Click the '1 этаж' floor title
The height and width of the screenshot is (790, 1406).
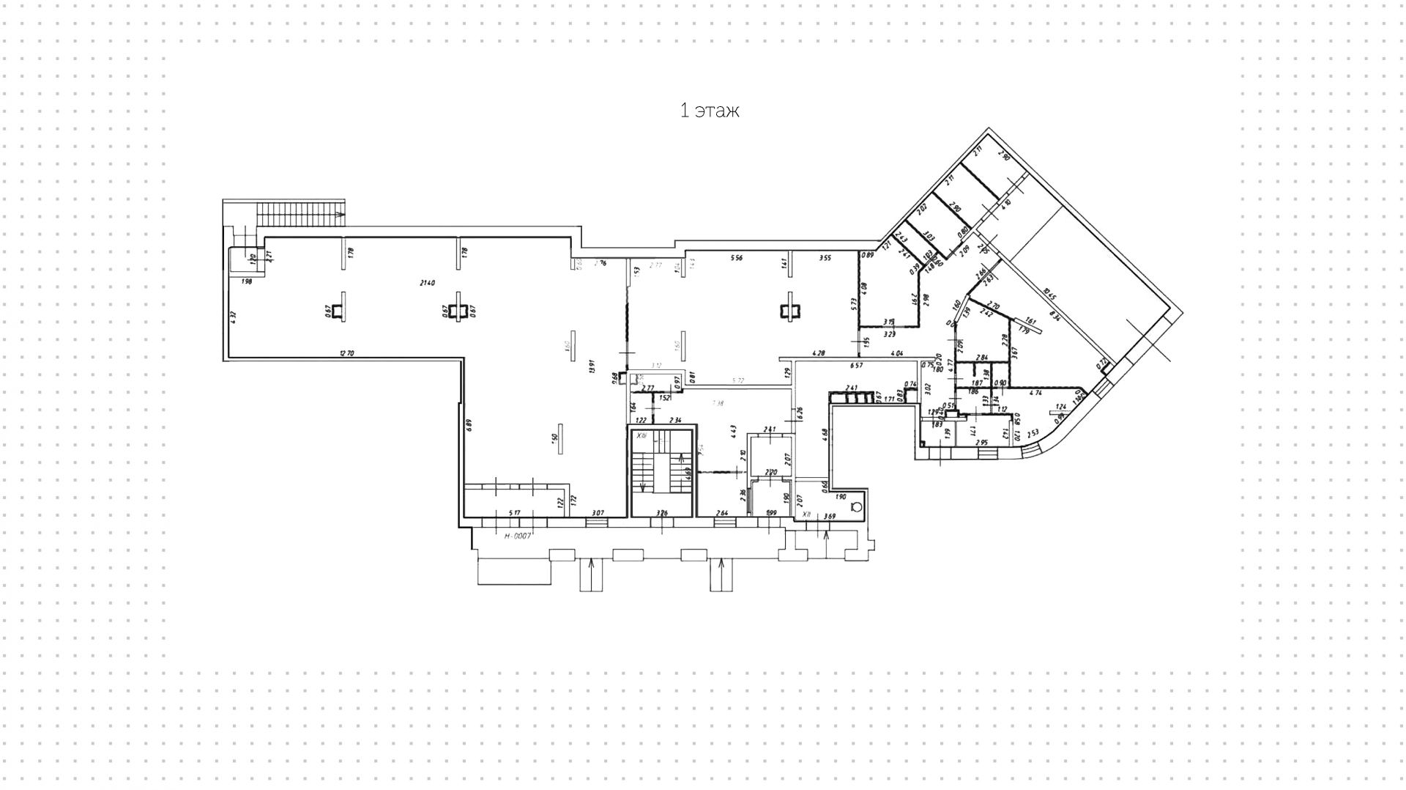click(x=710, y=111)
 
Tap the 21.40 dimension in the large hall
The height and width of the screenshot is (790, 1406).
click(x=428, y=283)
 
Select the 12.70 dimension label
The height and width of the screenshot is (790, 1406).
click(x=346, y=353)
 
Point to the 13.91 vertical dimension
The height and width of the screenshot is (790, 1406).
click(x=591, y=365)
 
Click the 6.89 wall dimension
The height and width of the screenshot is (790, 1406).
click(x=469, y=424)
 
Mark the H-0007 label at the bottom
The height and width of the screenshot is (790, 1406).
click(x=518, y=536)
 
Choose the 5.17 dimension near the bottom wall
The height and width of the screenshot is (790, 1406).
click(x=514, y=512)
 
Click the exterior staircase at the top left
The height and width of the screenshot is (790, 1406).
click(x=300, y=215)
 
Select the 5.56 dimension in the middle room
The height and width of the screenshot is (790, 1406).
click(x=737, y=258)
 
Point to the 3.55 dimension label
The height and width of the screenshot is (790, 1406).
click(x=825, y=258)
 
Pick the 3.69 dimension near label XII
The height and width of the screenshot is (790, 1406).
click(x=830, y=517)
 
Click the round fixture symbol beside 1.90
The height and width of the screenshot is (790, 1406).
click(x=857, y=505)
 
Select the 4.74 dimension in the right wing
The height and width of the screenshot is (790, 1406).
click(x=1035, y=394)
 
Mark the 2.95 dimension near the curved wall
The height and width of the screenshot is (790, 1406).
click(x=982, y=443)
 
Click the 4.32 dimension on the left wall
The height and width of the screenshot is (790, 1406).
click(x=234, y=317)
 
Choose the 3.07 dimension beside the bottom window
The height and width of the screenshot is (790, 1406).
click(x=598, y=512)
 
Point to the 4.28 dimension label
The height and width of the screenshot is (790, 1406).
click(x=819, y=353)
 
